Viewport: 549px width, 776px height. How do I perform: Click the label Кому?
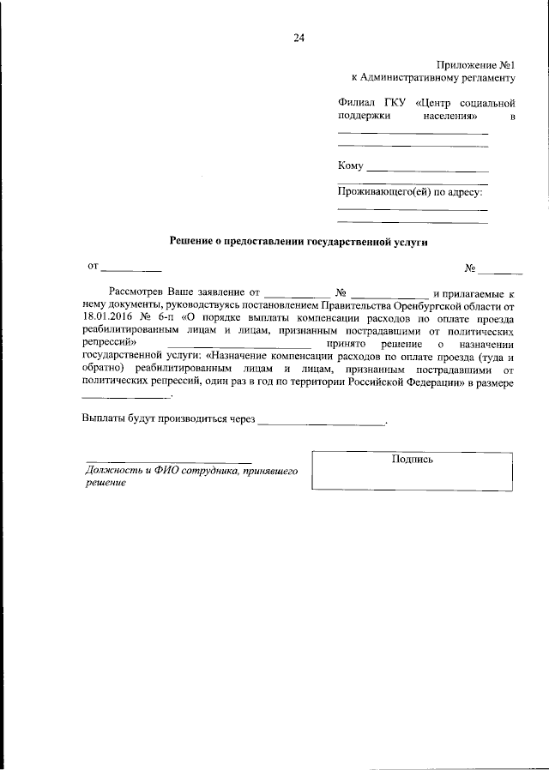click(351, 165)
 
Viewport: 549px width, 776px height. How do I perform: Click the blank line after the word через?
click(322, 421)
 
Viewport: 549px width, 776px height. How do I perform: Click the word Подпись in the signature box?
click(412, 460)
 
